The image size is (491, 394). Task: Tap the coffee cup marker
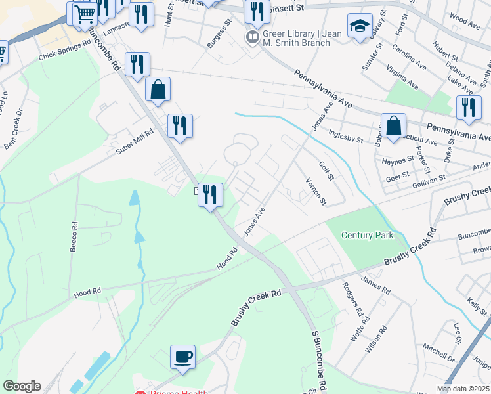183,357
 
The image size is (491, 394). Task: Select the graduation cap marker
359,26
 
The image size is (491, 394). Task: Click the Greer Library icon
252,37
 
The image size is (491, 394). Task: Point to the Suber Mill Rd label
134,141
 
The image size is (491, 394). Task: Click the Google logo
21,386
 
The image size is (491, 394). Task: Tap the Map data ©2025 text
462,389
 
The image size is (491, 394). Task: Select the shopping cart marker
83,13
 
